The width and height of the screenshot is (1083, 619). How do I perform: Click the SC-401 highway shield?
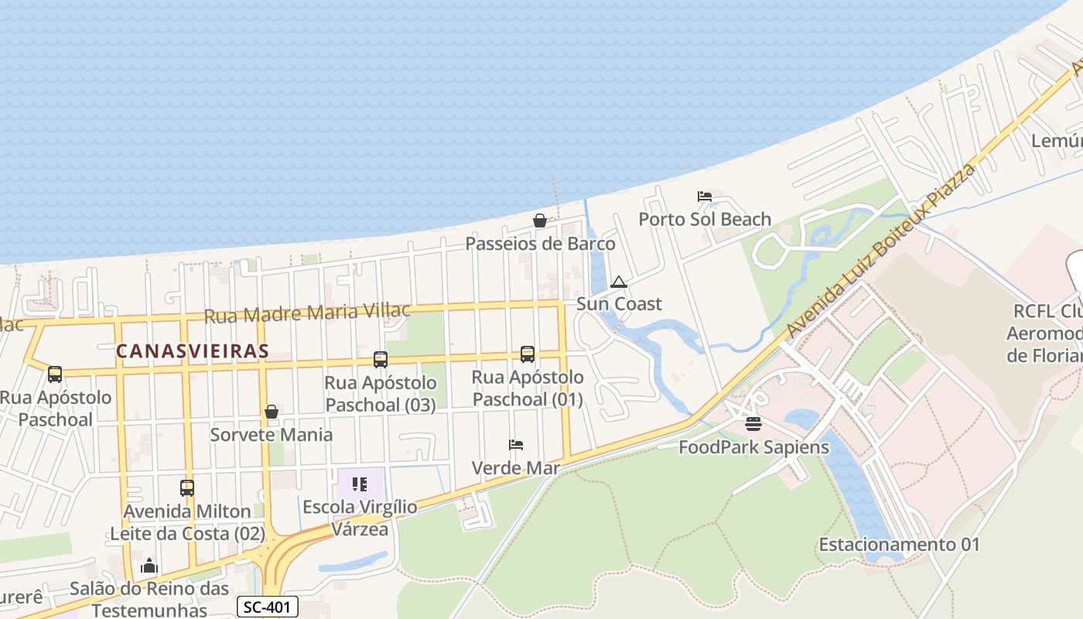[267, 607]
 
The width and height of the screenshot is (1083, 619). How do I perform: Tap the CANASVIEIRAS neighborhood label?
[193, 351]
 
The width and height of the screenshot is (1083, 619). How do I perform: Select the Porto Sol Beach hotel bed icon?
[704, 197]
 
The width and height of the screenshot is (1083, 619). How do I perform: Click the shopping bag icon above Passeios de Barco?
[540, 221]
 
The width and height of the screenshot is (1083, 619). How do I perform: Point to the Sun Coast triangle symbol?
[618, 282]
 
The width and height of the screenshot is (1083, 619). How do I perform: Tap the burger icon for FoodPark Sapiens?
[753, 424]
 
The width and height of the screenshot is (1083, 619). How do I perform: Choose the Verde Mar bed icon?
[516, 445]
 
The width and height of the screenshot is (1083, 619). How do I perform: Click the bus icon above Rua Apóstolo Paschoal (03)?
[380, 359]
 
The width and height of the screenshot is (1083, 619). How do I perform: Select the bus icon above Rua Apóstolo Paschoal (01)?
[528, 354]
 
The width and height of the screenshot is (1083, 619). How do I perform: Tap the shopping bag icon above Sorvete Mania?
[272, 412]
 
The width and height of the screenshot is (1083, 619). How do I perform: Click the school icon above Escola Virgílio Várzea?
[360, 484]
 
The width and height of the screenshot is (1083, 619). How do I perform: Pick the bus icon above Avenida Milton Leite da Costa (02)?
[187, 488]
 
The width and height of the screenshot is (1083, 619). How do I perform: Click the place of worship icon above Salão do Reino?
[149, 566]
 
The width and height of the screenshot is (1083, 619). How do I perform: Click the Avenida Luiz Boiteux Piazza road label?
[881, 250]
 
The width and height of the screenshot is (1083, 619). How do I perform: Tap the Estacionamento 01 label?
[899, 544]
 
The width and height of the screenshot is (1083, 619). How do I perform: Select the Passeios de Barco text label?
[540, 244]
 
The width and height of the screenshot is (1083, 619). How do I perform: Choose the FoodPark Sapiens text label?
[753, 446]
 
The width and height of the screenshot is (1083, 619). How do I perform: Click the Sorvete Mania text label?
[272, 434]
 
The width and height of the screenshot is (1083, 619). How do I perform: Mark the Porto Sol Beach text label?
[704, 219]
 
